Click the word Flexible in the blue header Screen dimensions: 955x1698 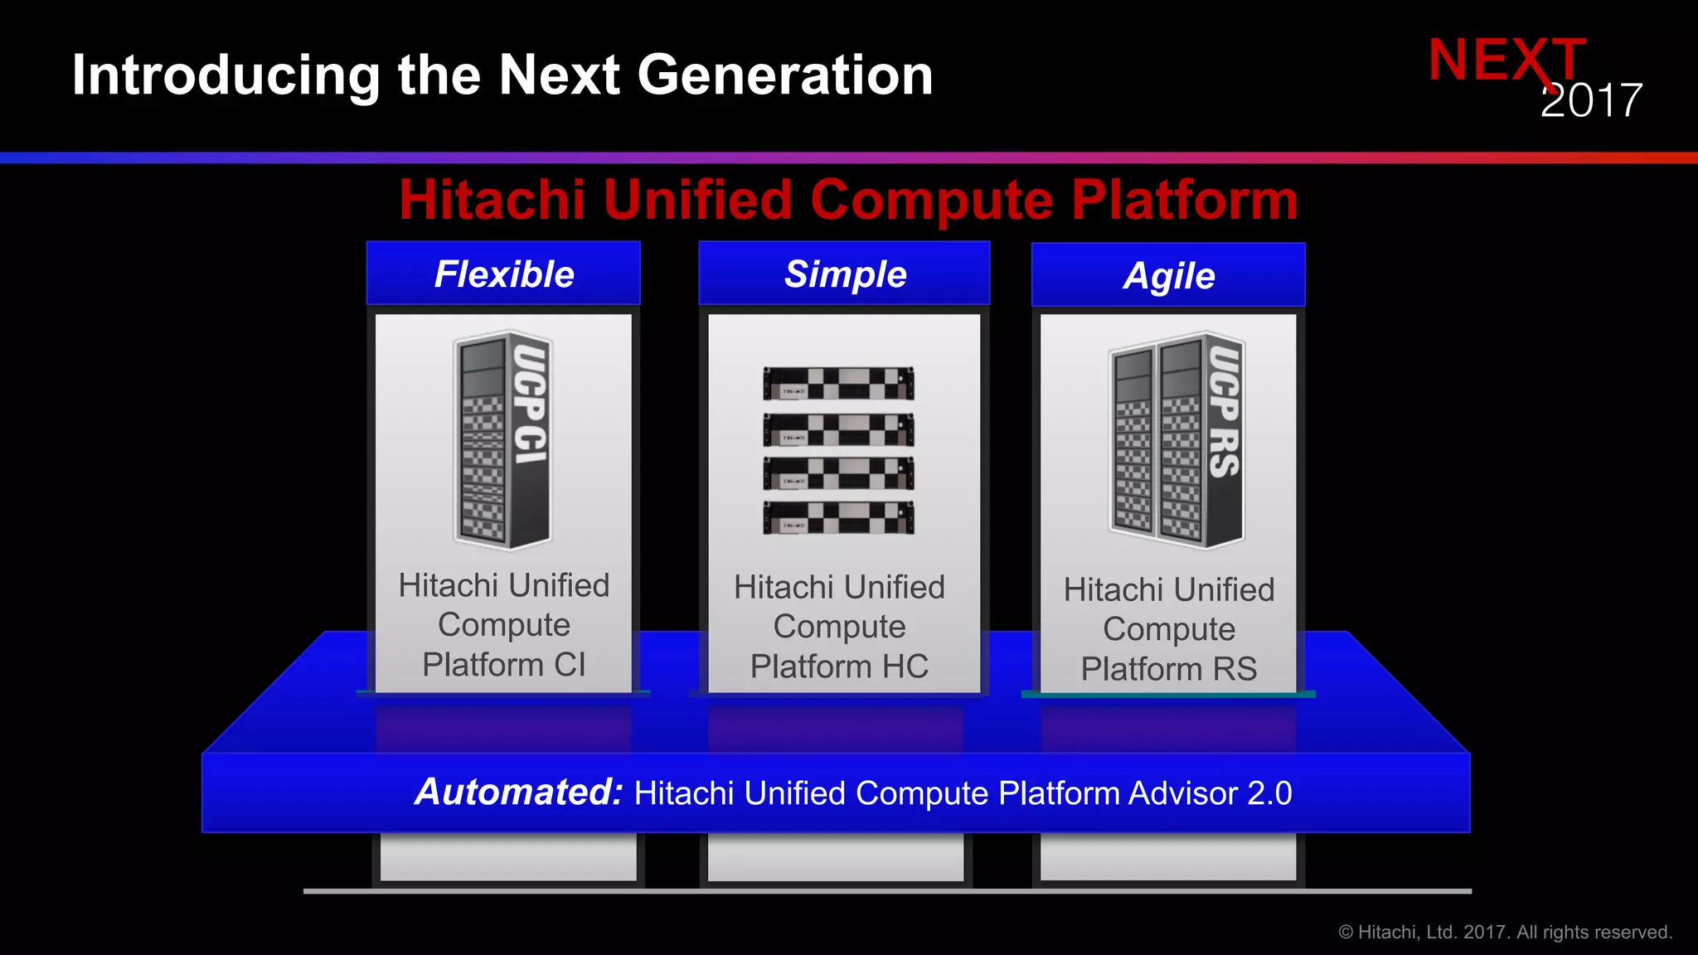tap(504, 274)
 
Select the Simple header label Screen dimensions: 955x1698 tap(845, 274)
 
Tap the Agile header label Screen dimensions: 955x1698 tap(1169, 276)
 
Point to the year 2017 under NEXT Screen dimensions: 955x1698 tap(1591, 101)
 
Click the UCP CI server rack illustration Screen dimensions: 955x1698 tap(502, 439)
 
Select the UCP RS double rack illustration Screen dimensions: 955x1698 tap(1176, 439)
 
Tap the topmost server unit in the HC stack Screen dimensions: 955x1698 tap(838, 384)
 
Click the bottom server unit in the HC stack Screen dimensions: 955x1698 tap(838, 518)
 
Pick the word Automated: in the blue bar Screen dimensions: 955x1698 tap(519, 792)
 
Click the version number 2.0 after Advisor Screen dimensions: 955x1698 tap(1269, 793)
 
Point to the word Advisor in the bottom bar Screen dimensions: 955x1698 tap(1183, 793)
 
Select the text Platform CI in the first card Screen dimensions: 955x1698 tap(503, 665)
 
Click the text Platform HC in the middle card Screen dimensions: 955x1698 tap(839, 667)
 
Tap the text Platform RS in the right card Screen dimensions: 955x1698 tap(1168, 669)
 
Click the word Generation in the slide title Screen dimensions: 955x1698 tap(785, 75)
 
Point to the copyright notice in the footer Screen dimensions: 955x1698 tap(1505, 933)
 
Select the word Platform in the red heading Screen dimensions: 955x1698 tap(1184, 201)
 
